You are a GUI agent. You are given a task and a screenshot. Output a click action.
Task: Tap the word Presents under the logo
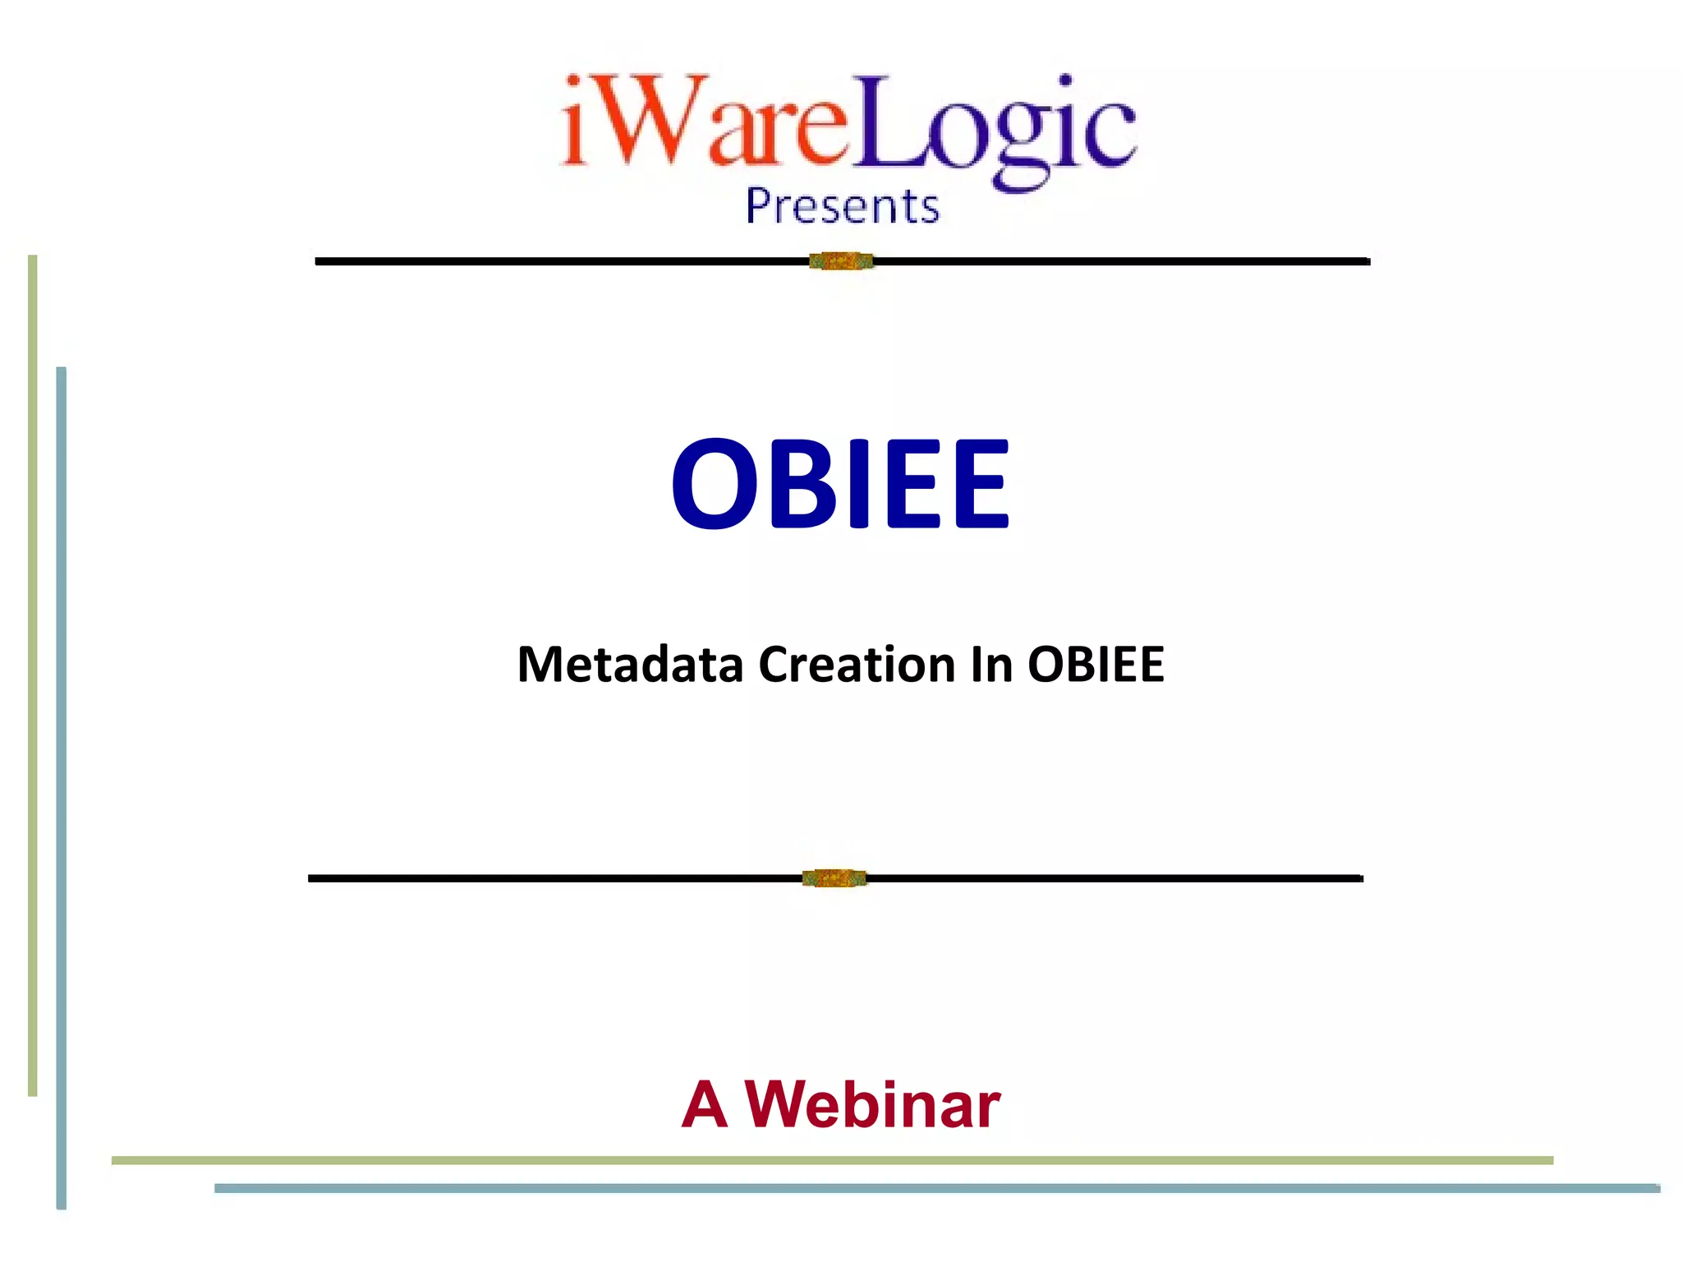click(842, 205)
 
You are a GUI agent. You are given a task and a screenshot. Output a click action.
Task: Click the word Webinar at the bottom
click(872, 1105)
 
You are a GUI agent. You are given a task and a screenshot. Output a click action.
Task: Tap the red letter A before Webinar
click(705, 1105)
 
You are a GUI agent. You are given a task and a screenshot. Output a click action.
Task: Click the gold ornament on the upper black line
click(841, 261)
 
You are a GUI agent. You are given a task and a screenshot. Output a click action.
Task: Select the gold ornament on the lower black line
click(834, 878)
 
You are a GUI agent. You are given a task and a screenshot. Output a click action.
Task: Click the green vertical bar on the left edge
click(33, 674)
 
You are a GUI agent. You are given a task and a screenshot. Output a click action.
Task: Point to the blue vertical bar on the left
click(61, 789)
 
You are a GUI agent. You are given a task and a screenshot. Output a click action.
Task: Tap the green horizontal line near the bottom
click(831, 1160)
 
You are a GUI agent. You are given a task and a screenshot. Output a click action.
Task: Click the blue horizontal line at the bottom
click(936, 1188)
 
